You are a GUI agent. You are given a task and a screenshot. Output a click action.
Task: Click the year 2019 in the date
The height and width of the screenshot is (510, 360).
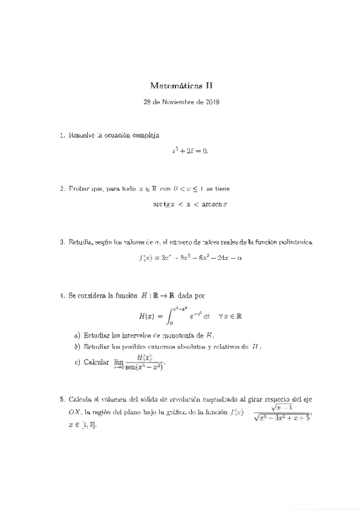click(x=212, y=102)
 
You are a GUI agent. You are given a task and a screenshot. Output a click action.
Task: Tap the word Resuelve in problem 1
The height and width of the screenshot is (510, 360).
click(x=83, y=136)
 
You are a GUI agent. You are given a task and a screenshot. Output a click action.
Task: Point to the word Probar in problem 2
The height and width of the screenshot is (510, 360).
click(x=79, y=189)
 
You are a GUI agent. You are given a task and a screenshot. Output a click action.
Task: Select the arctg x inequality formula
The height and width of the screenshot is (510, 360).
click(x=189, y=204)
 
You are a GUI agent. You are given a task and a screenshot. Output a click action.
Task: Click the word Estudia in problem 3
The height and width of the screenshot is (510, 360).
click(x=81, y=242)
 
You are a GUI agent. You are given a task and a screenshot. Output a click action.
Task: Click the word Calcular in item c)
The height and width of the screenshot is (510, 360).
click(x=97, y=363)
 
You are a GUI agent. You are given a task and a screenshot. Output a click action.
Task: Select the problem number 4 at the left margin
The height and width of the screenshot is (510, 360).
click(x=62, y=296)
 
